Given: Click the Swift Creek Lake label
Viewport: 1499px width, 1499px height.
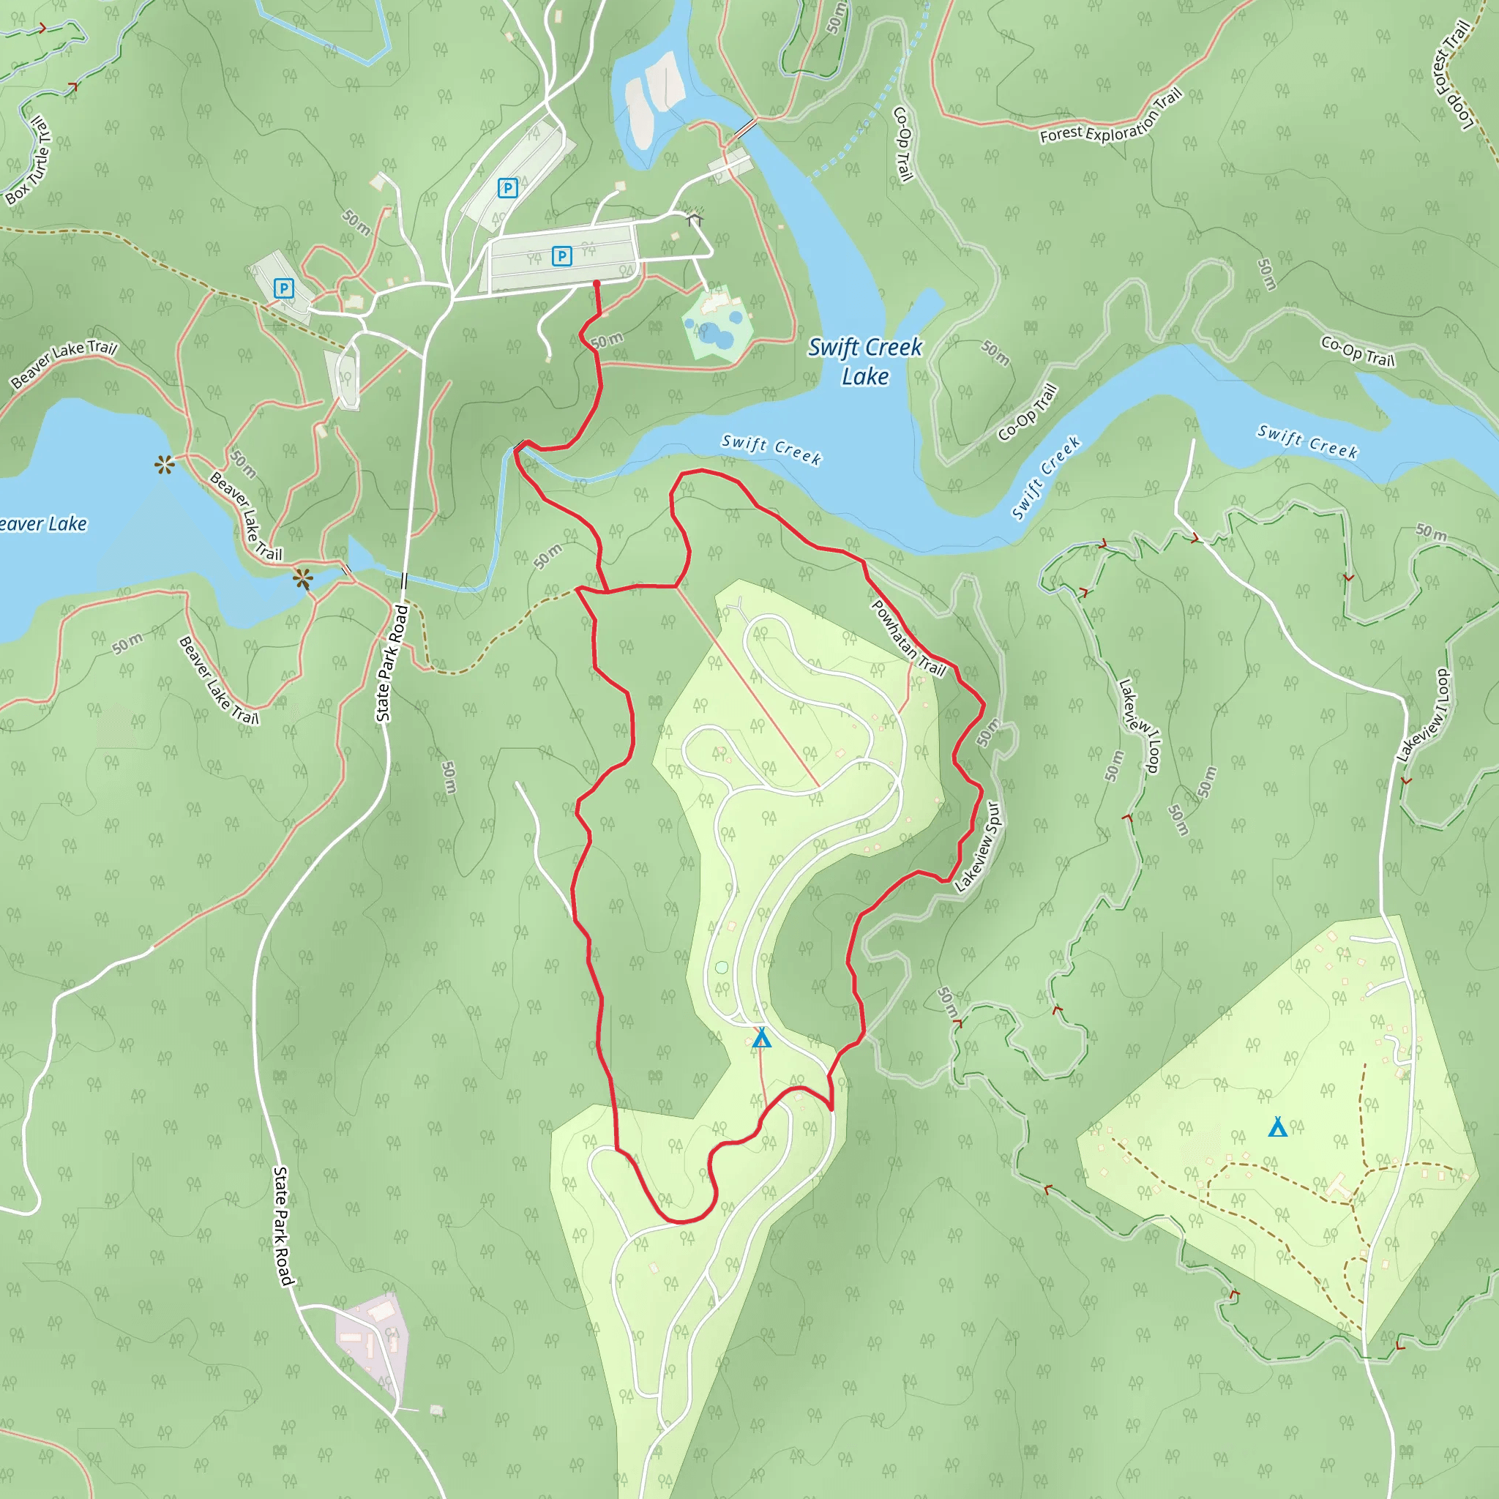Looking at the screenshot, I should coord(864,362).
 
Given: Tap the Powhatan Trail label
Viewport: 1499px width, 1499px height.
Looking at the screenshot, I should coord(908,638).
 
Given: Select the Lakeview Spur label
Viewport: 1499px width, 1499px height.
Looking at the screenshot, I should coord(979,847).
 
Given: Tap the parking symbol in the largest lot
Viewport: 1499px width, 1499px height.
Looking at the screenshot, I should coord(561,255).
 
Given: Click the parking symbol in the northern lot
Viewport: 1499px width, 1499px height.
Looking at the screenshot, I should coord(507,188).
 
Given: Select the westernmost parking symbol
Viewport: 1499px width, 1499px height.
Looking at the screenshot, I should coord(284,288).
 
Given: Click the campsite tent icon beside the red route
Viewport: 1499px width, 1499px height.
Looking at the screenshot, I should coord(762,1037).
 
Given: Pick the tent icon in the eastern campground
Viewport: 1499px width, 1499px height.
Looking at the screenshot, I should coord(1278,1126).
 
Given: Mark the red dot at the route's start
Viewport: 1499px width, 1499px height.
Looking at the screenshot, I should coord(597,284).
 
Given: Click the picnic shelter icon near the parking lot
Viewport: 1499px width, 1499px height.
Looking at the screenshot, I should coord(695,220).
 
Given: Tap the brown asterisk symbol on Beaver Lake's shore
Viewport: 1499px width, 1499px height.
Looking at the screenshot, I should coord(165,465).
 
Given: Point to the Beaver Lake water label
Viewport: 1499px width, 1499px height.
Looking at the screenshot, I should coord(42,525).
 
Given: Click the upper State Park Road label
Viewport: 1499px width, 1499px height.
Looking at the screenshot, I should coord(392,663).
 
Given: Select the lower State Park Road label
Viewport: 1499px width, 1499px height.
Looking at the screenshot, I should coord(283,1226).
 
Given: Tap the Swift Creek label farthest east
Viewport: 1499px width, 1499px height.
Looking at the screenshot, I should coord(1307,441).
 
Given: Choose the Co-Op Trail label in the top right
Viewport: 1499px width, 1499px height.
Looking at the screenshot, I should coord(1358,351).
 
